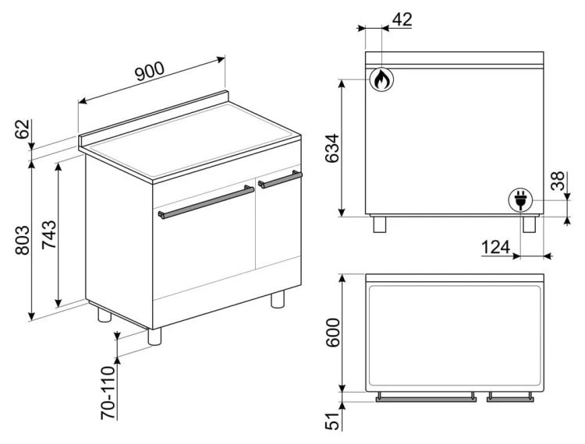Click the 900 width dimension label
tap(150, 71)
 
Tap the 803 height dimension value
tap(23, 240)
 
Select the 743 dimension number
tap(49, 234)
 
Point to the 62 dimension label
tap(23, 129)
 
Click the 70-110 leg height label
tap(108, 393)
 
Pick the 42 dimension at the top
tap(402, 19)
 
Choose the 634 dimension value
tap(332, 148)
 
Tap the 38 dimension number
tap(558, 181)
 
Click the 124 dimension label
tap(495, 247)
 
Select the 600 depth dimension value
tap(333, 333)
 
